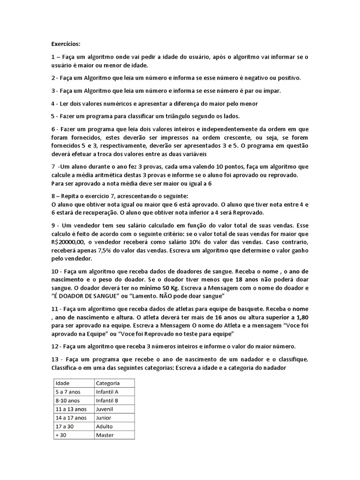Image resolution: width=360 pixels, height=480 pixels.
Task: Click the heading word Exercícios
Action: coord(66,44)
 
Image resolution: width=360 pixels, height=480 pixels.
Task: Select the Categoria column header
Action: coord(107,383)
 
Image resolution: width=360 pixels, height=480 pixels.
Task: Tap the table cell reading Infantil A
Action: coord(107,391)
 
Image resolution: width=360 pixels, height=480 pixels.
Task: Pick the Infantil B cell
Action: coord(107,400)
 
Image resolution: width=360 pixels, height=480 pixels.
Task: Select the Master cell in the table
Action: coord(105,435)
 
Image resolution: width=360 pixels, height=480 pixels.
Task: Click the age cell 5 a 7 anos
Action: coord(67,391)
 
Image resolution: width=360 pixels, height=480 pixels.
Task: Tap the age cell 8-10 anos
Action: coord(67,400)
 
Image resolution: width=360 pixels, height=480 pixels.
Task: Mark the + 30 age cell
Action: coord(61,435)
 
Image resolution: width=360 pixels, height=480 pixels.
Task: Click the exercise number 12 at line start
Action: coord(54,346)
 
